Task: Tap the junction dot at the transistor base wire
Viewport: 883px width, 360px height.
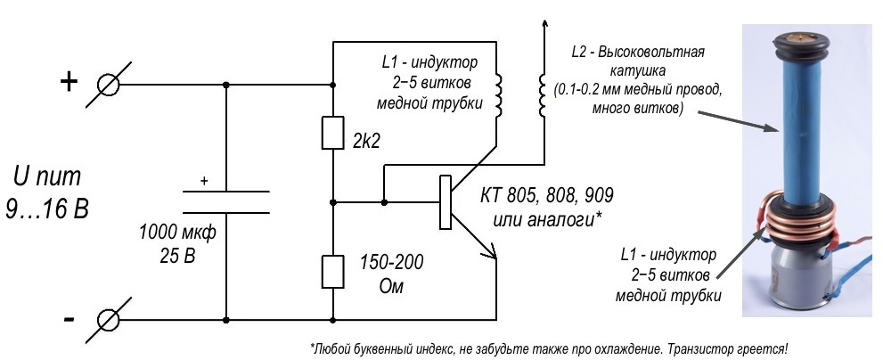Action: (x=383, y=202)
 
